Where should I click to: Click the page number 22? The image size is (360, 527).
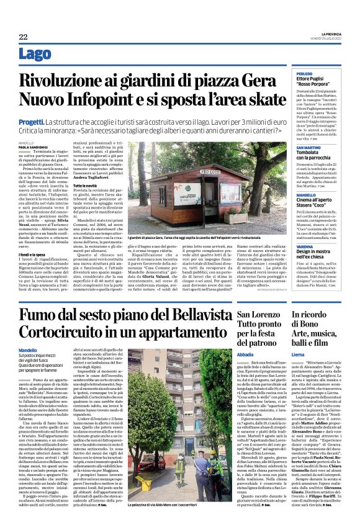tap(23, 37)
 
